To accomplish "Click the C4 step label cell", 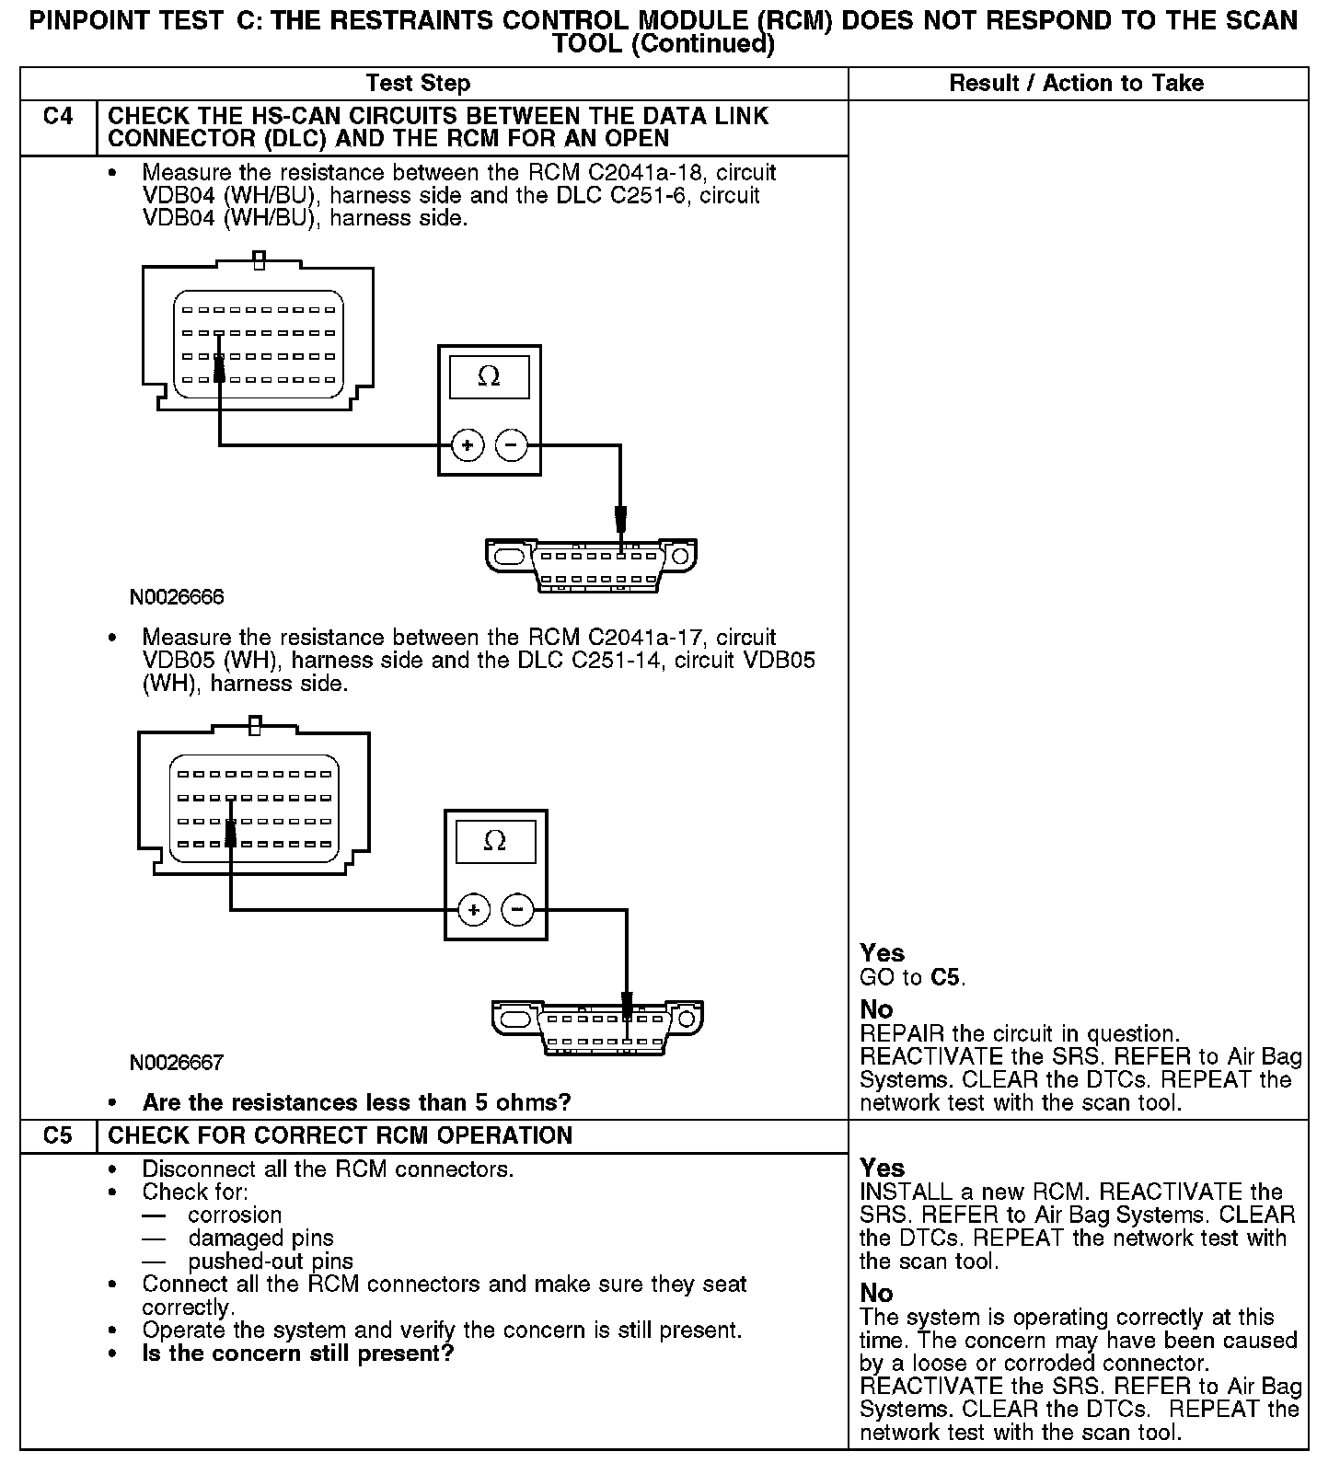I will pos(58,117).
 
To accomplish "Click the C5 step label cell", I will pos(58,1135).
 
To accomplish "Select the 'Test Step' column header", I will pos(418,84).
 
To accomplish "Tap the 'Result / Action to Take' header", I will pos(1076,84).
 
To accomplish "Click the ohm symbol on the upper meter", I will pos(489,376).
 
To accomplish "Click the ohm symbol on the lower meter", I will pos(495,841).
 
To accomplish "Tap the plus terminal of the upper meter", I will pos(468,446).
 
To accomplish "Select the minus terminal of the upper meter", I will pos(512,446).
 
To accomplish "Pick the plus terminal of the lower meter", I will pos(474,911).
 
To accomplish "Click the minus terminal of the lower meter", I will pos(517,911).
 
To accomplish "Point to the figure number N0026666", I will pos(177,597).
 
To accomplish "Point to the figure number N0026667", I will pos(177,1063).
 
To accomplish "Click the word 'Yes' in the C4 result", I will pos(882,953).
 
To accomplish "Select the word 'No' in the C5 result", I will pos(876,1294).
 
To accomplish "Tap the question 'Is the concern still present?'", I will pos(297,1354).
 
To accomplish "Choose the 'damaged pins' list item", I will pos(260,1238).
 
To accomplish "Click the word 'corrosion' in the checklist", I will pos(235,1215).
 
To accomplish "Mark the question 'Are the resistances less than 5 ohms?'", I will pos(356,1102).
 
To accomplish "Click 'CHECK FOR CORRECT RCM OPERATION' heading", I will pos(340,1135).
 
